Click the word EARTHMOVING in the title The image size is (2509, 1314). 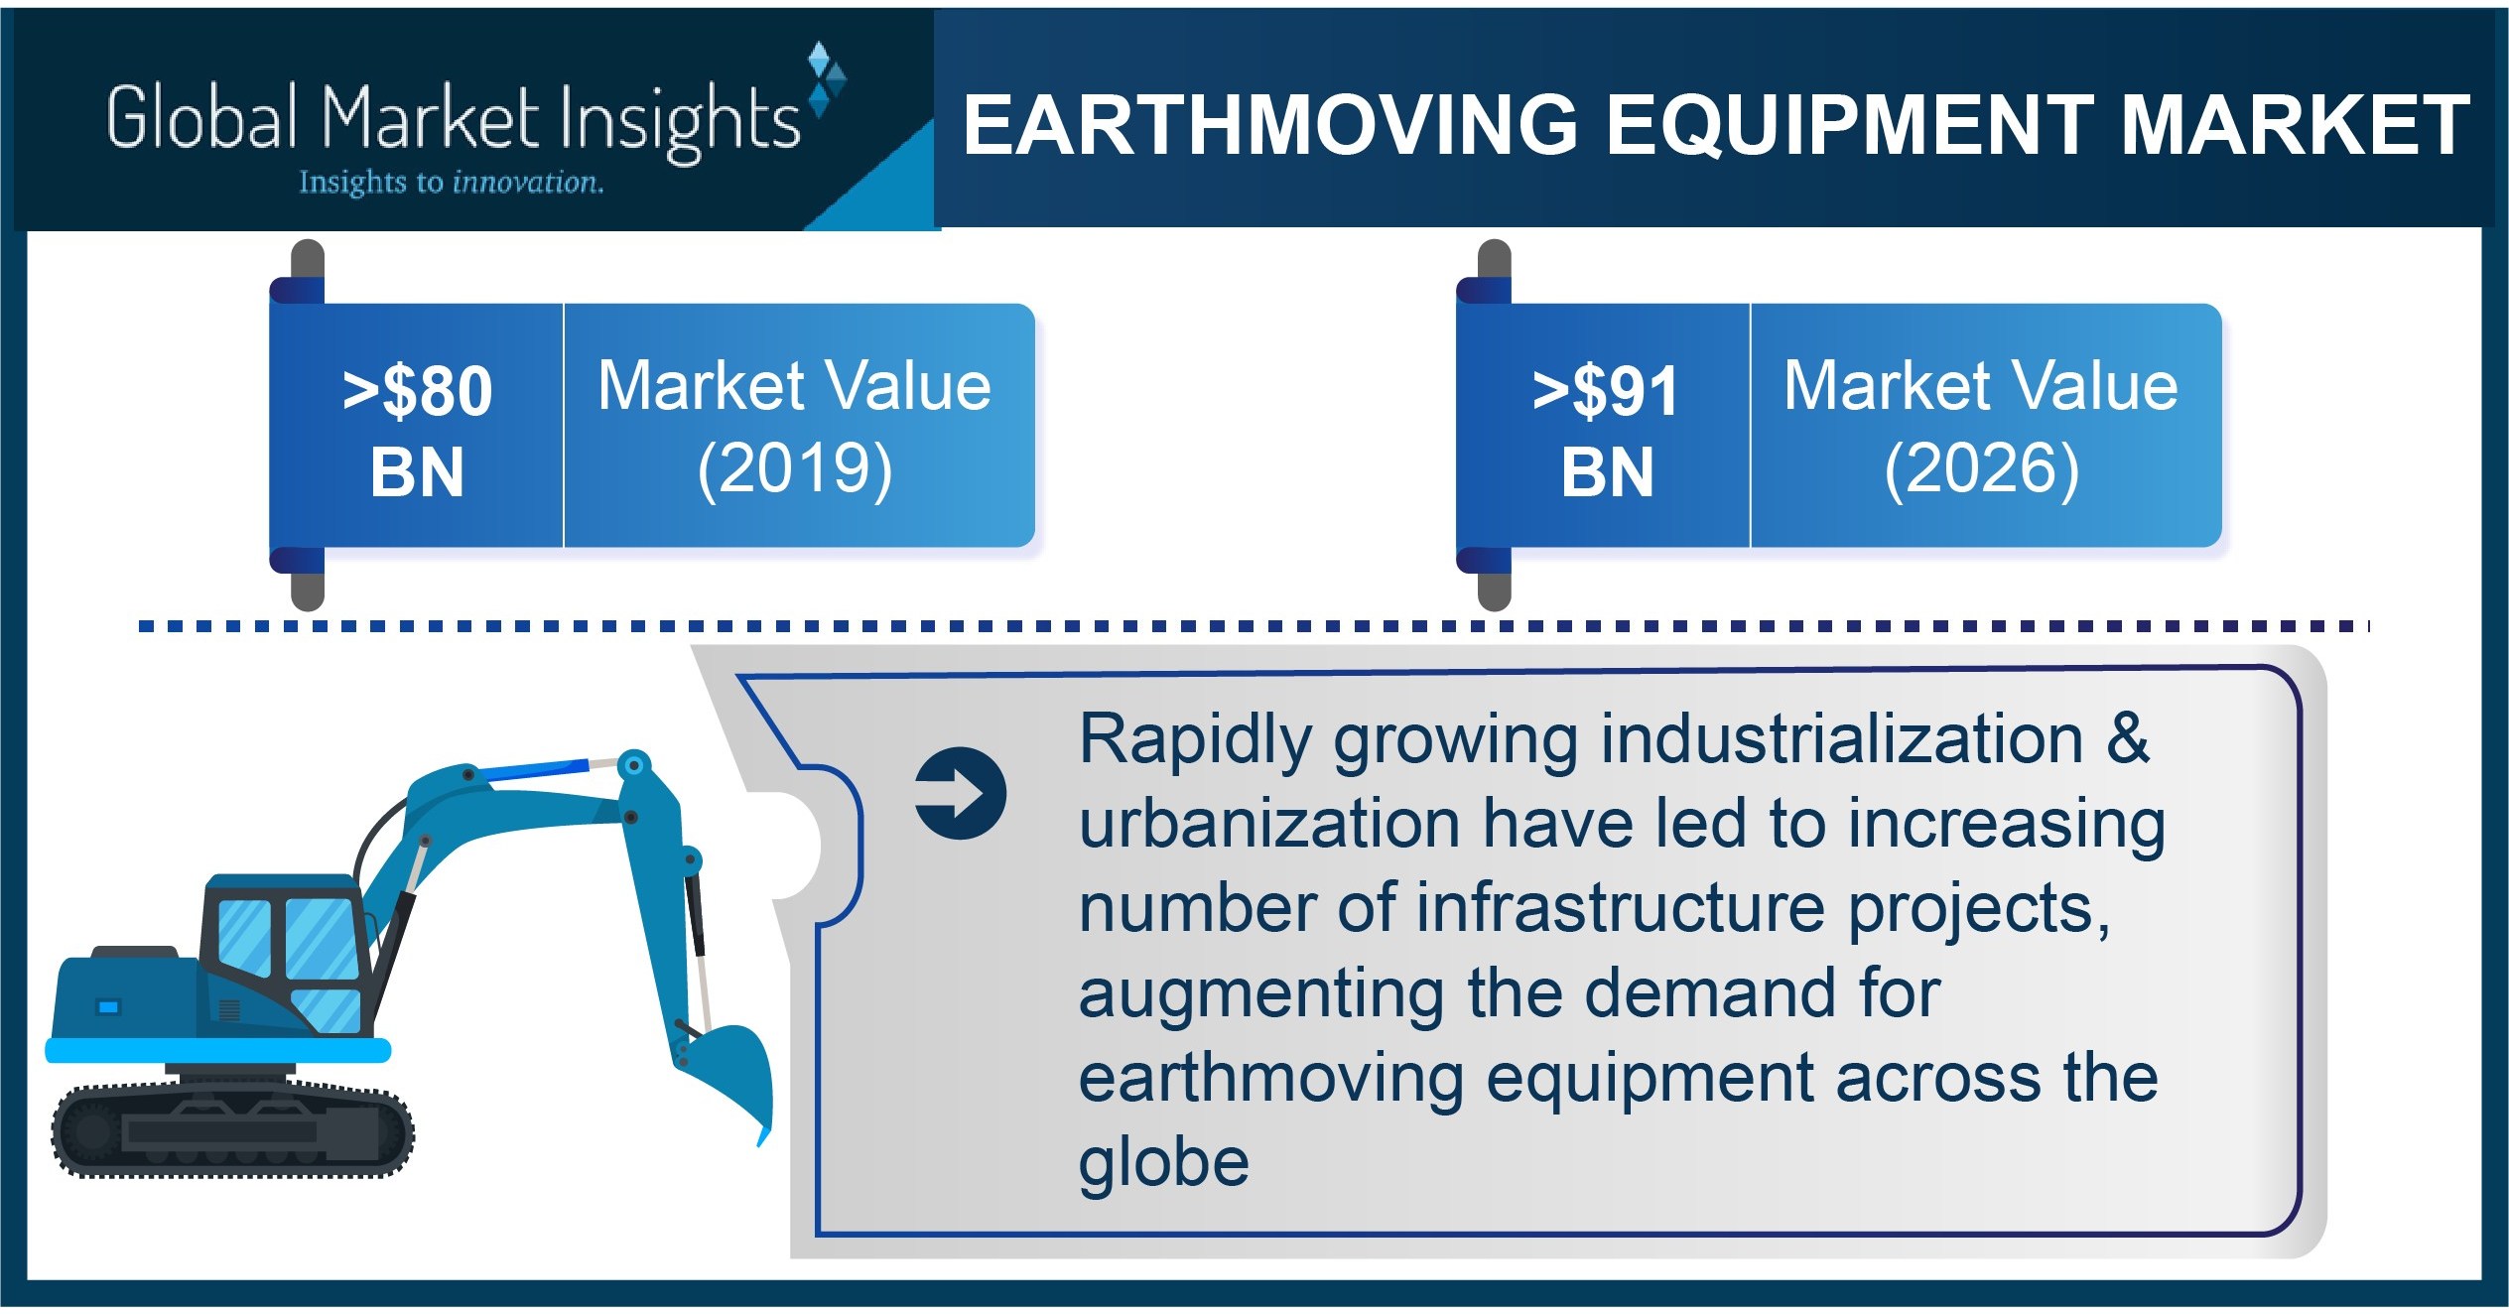pyautogui.click(x=1269, y=126)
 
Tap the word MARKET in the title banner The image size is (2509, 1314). pyautogui.click(x=2294, y=126)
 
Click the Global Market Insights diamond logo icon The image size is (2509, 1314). pyautogui.click(x=825, y=79)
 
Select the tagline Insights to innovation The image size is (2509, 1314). pyautogui.click(x=451, y=183)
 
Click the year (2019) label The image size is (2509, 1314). pyautogui.click(x=795, y=468)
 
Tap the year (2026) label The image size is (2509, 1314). pyautogui.click(x=1981, y=468)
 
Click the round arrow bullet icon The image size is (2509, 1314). pyautogui.click(x=960, y=793)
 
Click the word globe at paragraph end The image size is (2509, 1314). pyautogui.click(x=1163, y=1162)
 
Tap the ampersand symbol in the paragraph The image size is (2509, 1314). pyautogui.click(x=2128, y=739)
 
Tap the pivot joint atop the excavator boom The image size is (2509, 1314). pyautogui.click(x=633, y=766)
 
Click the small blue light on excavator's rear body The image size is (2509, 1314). pyautogui.click(x=107, y=1007)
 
